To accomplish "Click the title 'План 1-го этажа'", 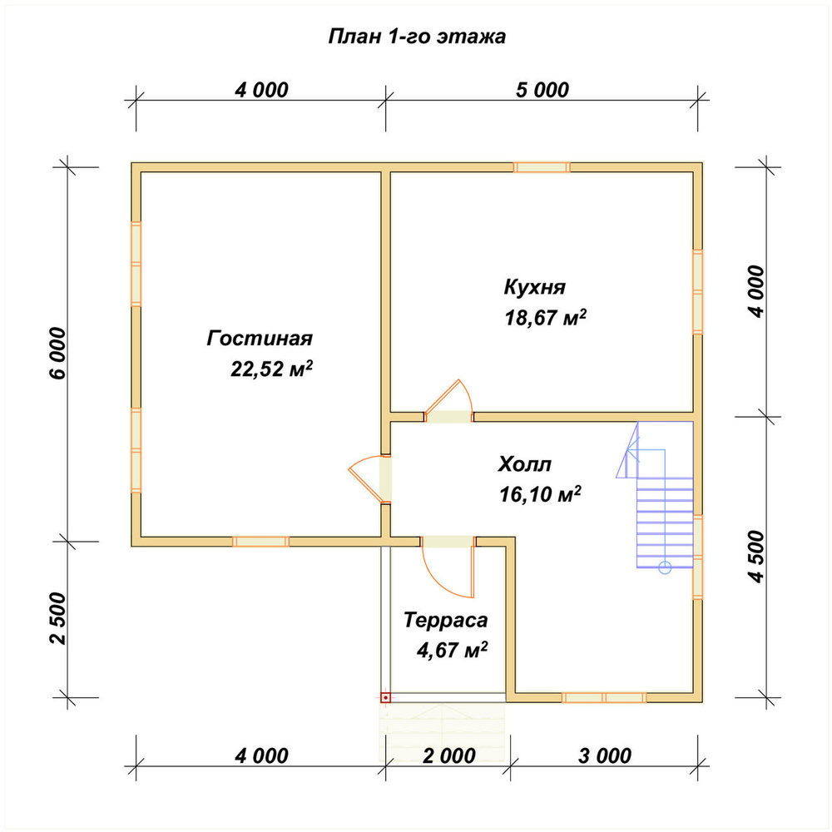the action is point(417,37).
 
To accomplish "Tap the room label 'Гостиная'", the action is point(260,338).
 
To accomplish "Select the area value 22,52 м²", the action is point(271,369).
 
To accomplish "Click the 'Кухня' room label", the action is point(534,287).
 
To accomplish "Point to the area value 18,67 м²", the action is point(546,317).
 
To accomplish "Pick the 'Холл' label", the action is point(525,464).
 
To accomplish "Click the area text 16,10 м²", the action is point(540,494).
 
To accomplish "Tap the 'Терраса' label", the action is point(445,620).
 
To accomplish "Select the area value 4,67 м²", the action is point(452,650).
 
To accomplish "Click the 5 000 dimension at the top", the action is point(542,90).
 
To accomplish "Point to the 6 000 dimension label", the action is point(59,354).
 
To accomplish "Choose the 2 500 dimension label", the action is point(59,619).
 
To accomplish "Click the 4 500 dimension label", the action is point(758,557).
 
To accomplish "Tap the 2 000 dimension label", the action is point(449,755).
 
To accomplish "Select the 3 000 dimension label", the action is point(605,755).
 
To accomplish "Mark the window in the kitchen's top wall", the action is point(542,167).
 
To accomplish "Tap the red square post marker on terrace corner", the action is point(386,698).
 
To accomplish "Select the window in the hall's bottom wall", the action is point(604,698).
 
